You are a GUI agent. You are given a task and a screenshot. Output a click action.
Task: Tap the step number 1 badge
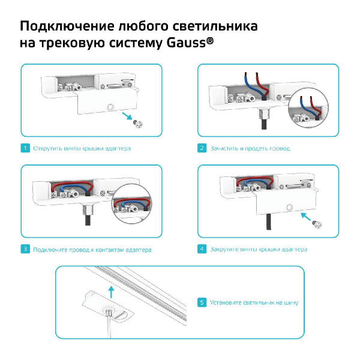(x=25, y=148)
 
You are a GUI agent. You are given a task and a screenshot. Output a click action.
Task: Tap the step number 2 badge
(x=202, y=148)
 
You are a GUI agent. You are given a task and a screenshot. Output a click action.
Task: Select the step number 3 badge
(x=25, y=249)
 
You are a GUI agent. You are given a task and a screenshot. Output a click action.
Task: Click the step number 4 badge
(x=202, y=249)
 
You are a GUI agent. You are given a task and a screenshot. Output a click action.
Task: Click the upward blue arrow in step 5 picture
(x=110, y=292)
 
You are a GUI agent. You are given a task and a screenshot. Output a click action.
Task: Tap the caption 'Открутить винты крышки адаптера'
(x=82, y=148)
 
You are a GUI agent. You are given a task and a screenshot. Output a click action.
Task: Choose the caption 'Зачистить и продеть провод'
(x=250, y=148)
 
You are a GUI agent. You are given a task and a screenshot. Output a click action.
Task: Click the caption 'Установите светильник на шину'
(x=254, y=302)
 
